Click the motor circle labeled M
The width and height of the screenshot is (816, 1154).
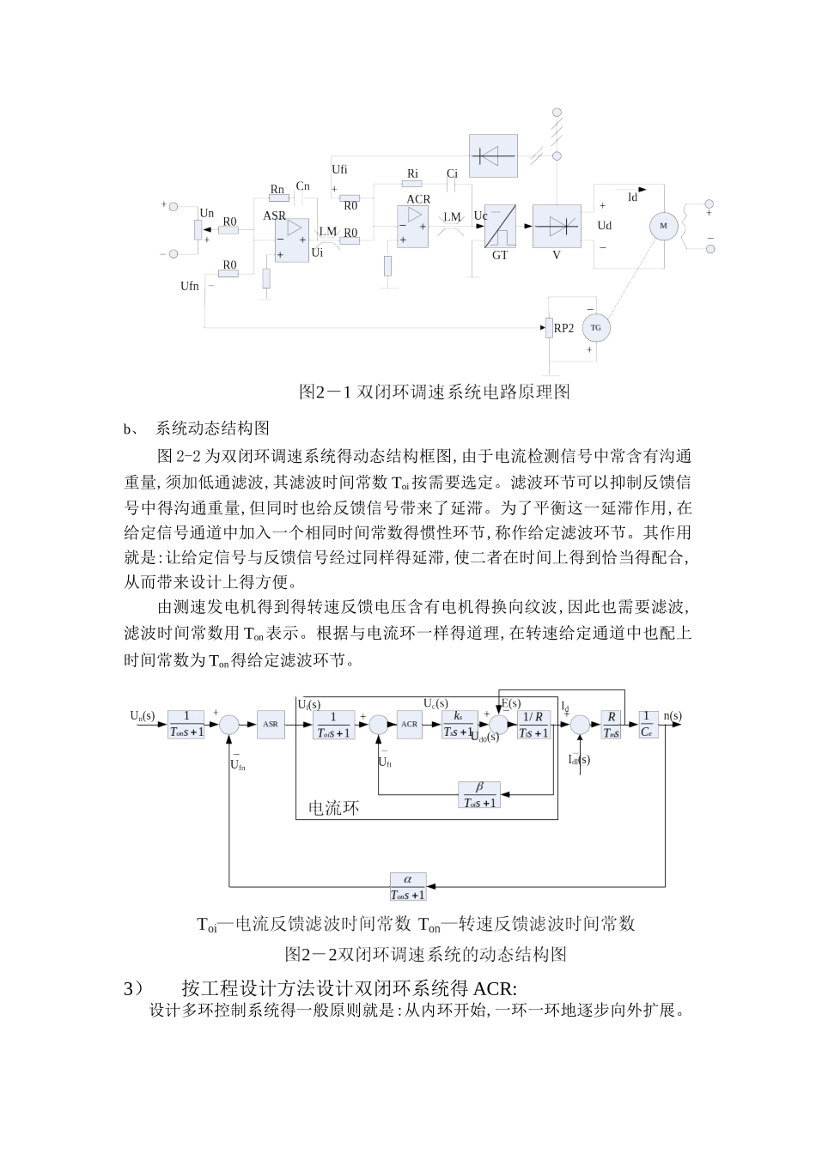point(663,226)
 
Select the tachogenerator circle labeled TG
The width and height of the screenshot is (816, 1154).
point(595,328)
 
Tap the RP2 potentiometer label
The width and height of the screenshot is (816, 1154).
point(563,328)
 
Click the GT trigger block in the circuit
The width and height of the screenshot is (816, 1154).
point(499,228)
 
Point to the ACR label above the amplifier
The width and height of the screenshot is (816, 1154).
point(418,199)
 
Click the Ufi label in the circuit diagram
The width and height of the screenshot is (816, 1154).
point(339,169)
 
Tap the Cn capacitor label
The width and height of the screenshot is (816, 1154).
point(302,186)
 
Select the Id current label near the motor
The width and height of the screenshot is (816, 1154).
point(633,197)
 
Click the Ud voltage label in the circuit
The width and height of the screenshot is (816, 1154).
point(605,226)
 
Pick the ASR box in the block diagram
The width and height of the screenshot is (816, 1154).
point(269,725)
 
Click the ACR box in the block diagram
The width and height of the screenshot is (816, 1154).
point(409,725)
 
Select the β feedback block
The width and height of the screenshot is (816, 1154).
point(479,795)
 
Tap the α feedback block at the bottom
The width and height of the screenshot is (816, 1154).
point(408,887)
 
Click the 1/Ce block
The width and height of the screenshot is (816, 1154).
point(647,725)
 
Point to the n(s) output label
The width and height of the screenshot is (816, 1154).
point(673,715)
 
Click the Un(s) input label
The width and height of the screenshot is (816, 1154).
point(143,715)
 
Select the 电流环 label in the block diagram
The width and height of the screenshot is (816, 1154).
point(333,808)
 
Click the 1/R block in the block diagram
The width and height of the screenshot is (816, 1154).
point(533,725)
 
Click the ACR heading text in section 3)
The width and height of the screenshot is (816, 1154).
point(495,988)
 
